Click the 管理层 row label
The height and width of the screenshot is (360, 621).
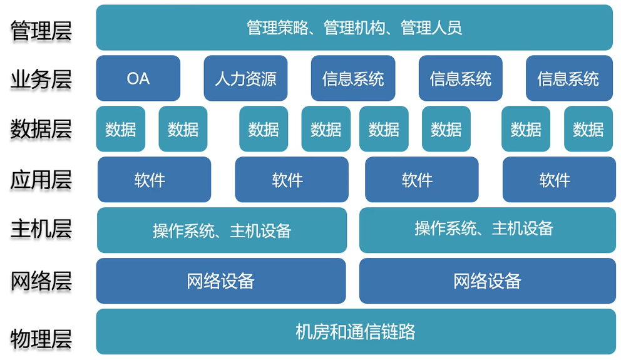pyautogui.click(x=41, y=30)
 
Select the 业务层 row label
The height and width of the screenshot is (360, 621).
pyautogui.click(x=41, y=80)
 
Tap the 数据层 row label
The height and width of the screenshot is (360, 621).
pyautogui.click(x=41, y=129)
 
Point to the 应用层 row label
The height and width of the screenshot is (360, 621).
pyautogui.click(x=41, y=180)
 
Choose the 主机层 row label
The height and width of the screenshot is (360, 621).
pyautogui.click(x=41, y=229)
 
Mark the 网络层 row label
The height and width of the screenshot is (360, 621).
pyautogui.click(x=41, y=281)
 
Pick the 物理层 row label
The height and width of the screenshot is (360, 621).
pyautogui.click(x=41, y=339)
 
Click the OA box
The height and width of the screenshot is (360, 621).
pyautogui.click(x=138, y=78)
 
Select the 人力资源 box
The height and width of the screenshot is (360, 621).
pyautogui.click(x=245, y=78)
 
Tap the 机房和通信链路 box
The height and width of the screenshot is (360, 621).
pyautogui.click(x=355, y=331)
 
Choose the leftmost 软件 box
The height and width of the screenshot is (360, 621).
pyautogui.click(x=154, y=180)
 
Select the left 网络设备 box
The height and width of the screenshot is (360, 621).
pyautogui.click(x=220, y=280)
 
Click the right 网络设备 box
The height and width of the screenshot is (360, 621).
pyautogui.click(x=487, y=280)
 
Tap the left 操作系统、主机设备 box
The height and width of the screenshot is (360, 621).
pyautogui.click(x=222, y=230)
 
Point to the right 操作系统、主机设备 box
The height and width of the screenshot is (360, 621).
pyautogui.click(x=487, y=230)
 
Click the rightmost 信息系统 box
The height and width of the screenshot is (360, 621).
pyautogui.click(x=568, y=78)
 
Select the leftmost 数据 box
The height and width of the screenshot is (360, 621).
pyautogui.click(x=120, y=129)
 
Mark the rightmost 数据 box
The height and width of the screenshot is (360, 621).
pyautogui.click(x=588, y=129)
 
